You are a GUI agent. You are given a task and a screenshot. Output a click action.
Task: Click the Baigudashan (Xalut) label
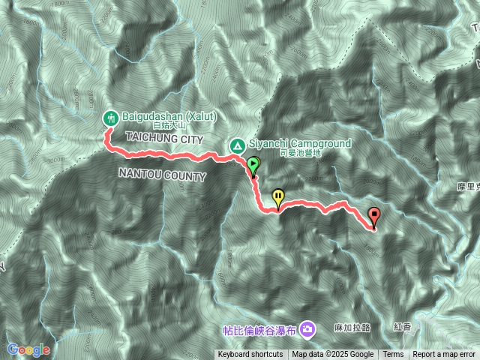(x=169, y=117)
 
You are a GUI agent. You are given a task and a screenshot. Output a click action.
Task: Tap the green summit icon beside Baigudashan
(x=109, y=117)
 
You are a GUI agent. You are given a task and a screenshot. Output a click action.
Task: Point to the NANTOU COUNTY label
(x=162, y=175)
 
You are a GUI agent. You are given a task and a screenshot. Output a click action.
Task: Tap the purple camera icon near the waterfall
(x=307, y=328)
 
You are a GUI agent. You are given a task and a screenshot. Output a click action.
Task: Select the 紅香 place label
(x=402, y=328)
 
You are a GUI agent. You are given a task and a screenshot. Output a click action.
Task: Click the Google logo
(x=28, y=349)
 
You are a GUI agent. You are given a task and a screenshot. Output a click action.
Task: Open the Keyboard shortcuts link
(x=250, y=355)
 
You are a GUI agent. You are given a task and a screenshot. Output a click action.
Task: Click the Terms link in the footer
(x=393, y=355)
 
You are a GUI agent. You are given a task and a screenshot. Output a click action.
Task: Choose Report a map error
(x=444, y=355)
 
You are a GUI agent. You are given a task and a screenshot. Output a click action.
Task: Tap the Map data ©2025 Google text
(x=333, y=355)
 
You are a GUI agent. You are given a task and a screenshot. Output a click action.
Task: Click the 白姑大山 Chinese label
(x=168, y=127)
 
